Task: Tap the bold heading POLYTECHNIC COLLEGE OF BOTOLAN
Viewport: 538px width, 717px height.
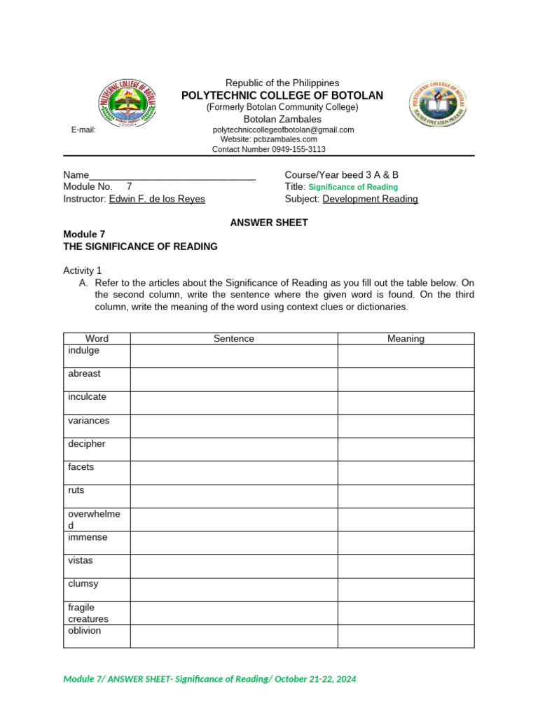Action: pyautogui.click(x=282, y=95)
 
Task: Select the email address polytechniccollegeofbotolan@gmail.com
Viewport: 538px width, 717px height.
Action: pyautogui.click(x=283, y=130)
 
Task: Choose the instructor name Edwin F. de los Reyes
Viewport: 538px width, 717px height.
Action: pyautogui.click(x=157, y=199)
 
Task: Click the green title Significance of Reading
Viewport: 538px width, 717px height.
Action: pyautogui.click(x=353, y=187)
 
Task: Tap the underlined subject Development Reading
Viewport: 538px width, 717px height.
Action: pyautogui.click(x=370, y=199)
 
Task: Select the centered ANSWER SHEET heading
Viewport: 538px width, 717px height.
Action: pyautogui.click(x=269, y=223)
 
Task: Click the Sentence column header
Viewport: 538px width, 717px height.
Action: pyautogui.click(x=234, y=339)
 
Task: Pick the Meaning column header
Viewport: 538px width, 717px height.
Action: pyautogui.click(x=406, y=339)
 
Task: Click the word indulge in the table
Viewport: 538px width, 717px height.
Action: pyautogui.click(x=84, y=350)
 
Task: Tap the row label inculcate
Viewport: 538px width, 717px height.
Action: pyautogui.click(x=88, y=397)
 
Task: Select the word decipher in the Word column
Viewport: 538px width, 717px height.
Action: pyautogui.click(x=87, y=444)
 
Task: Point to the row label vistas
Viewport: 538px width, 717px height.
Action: pyautogui.click(x=81, y=561)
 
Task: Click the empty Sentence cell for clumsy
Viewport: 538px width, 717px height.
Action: pyautogui.click(x=234, y=590)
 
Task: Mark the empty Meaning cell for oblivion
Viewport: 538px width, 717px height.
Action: pyautogui.click(x=406, y=636)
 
